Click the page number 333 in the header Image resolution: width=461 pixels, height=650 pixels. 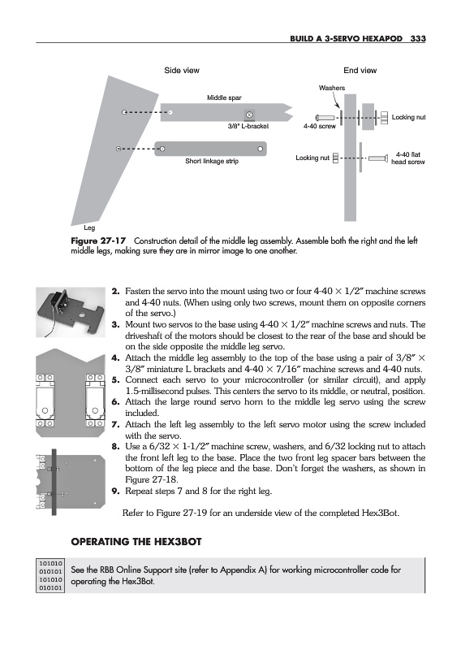coord(418,38)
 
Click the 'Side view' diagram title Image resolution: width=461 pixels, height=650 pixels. coord(182,71)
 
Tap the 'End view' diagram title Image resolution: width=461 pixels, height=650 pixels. coord(360,71)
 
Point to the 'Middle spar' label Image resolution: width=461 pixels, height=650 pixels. coord(224,97)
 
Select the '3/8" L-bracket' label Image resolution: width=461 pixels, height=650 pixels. coord(248,126)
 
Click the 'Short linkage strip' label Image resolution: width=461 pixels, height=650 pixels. coord(212,161)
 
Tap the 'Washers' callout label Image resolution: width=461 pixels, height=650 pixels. coord(332,88)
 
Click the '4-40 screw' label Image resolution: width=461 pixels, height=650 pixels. coord(319,126)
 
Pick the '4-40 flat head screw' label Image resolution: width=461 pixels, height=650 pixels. coord(408,158)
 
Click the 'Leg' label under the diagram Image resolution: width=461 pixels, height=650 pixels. coord(89,227)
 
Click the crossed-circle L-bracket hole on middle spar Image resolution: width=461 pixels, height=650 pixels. coord(249,114)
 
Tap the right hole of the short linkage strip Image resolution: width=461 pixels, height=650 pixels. coord(260,149)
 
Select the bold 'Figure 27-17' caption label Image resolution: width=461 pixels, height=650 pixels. coord(98,240)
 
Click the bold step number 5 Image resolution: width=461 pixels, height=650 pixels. coord(115,380)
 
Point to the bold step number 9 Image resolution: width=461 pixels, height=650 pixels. coord(115,492)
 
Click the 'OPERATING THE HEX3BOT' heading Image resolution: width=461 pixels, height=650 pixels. coord(136,542)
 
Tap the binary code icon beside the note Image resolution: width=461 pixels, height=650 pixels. coord(50,575)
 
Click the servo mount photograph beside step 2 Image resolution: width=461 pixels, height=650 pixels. coord(71,312)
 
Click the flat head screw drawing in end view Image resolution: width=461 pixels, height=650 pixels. coord(378,158)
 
